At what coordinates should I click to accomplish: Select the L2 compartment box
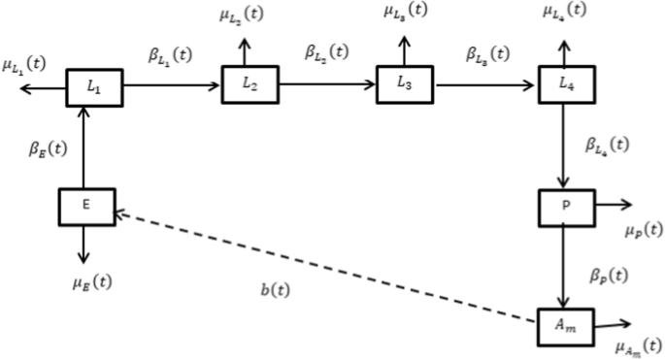[250, 84]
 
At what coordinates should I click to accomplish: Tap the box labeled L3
[406, 84]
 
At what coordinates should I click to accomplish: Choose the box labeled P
[565, 207]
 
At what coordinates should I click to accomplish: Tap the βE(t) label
[49, 150]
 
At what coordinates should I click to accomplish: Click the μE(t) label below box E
[91, 283]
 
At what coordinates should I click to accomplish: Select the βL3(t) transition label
[488, 55]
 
